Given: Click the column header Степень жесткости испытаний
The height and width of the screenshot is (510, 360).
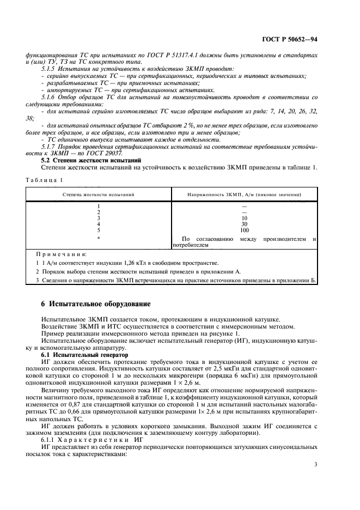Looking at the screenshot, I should click(x=98, y=194).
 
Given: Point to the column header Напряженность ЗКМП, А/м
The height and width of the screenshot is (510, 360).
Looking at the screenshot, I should click(x=244, y=194).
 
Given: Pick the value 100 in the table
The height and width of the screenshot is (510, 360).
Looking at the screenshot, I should click(x=244, y=230).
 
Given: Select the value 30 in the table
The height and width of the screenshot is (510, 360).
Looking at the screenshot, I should click(x=244, y=224).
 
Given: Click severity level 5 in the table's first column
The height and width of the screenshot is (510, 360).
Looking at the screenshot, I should click(x=98, y=230).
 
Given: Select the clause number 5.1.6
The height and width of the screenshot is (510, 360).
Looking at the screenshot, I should click(x=49, y=97).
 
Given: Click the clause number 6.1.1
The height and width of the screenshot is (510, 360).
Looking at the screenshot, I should click(x=50, y=439).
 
